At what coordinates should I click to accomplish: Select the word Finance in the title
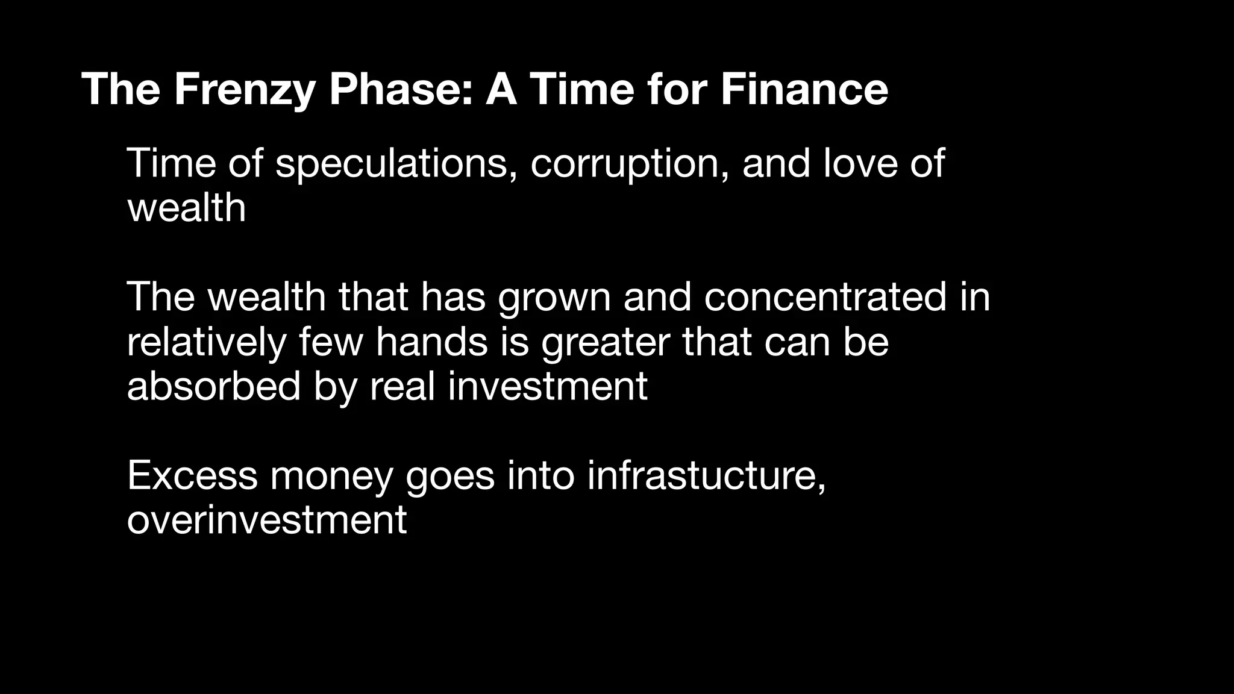click(804, 89)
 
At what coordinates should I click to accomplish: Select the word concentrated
click(825, 298)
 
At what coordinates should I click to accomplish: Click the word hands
click(431, 342)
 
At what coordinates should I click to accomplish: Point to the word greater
click(605, 342)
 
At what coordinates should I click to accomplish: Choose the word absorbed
click(214, 386)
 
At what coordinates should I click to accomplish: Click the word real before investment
click(402, 386)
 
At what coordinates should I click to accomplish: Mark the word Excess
click(192, 475)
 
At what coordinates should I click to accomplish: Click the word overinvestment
click(267, 520)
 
